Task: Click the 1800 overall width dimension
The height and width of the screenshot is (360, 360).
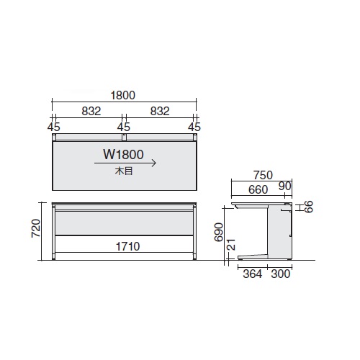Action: pyautogui.click(x=123, y=95)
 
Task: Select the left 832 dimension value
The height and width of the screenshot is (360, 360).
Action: pyautogui.click(x=91, y=111)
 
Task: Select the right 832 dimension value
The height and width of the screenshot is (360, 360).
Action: pyautogui.click(x=160, y=111)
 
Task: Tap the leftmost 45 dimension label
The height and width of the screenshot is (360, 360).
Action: pyautogui.click(x=54, y=127)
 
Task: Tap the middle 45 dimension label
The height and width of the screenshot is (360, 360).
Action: pyautogui.click(x=124, y=127)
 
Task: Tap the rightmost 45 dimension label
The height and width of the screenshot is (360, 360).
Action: pyautogui.click(x=194, y=127)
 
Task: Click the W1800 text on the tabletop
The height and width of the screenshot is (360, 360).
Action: pyautogui.click(x=123, y=154)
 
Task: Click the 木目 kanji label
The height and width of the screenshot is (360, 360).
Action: pyautogui.click(x=124, y=171)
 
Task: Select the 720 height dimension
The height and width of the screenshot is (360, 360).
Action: pyautogui.click(x=36, y=228)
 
